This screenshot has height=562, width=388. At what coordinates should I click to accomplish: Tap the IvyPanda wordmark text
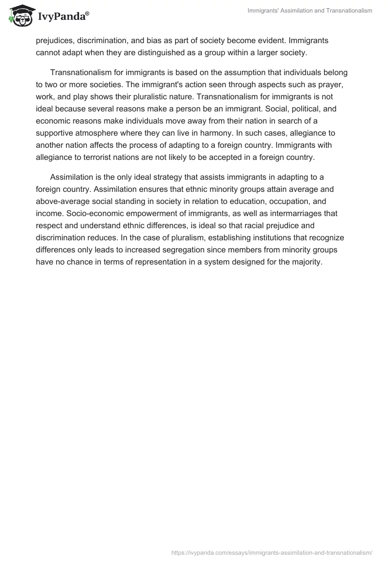coord(63,17)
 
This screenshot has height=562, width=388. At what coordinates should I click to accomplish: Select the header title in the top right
coord(309,11)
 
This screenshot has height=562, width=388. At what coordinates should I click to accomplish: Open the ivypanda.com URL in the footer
coord(272,552)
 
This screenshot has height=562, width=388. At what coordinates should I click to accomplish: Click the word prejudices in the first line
coord(55,41)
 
